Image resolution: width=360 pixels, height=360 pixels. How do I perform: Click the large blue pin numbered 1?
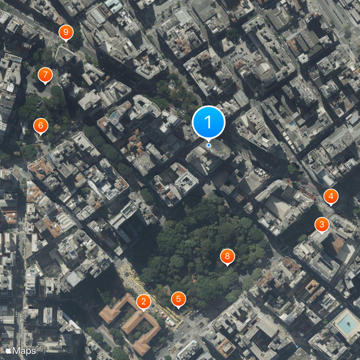pos(208,121)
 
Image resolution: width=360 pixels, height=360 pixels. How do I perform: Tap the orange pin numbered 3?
pos(321,225)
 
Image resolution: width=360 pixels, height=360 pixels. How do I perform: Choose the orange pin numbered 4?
pos(331,196)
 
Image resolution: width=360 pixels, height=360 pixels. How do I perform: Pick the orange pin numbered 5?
pos(179,299)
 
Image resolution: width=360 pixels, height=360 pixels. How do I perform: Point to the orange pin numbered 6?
pos(40,126)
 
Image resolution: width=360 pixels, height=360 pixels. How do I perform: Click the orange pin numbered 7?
pos(45,75)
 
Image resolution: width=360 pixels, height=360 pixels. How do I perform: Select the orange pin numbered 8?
pos(227,256)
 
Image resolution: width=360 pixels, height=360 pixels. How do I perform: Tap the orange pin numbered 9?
pos(66,32)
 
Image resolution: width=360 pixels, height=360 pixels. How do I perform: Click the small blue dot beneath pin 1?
pos(209,145)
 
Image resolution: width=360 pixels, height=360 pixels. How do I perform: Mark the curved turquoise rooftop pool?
pos(115,117)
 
